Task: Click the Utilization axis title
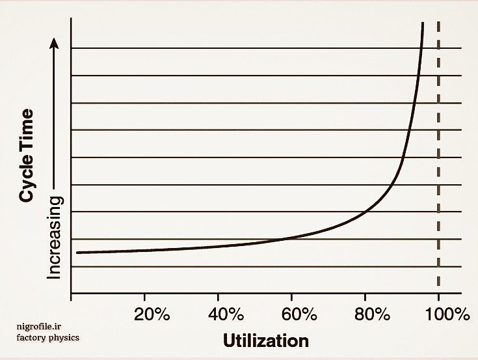coord(266,340)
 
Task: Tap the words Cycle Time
coord(27,156)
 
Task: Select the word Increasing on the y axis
coord(55,237)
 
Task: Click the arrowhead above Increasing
coord(55,42)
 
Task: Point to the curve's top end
coord(423,23)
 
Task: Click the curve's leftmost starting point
coord(77,253)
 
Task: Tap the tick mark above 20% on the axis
coord(144,297)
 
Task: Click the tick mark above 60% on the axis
coord(291,297)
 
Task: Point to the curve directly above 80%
coord(365,211)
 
